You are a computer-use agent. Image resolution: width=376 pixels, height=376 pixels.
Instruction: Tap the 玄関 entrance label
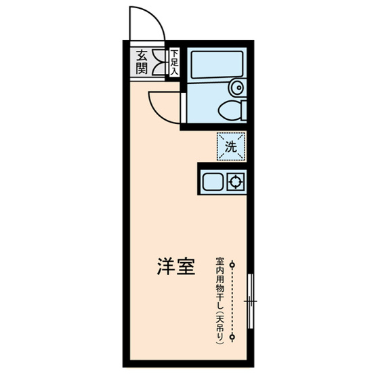[x=142, y=62]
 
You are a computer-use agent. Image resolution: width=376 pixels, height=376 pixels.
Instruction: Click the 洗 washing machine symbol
[x=230, y=146]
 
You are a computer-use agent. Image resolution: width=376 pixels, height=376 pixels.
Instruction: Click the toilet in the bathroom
[x=230, y=108]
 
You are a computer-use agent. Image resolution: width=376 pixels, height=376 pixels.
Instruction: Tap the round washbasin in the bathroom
[x=236, y=87]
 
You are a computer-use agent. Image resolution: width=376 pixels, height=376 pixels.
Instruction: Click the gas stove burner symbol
[x=236, y=182]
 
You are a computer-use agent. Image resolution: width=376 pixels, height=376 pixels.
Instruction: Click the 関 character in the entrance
[x=142, y=68]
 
